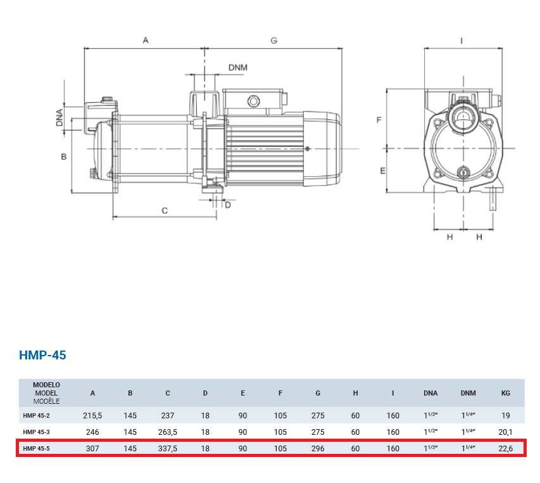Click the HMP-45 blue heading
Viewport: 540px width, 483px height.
coord(42,355)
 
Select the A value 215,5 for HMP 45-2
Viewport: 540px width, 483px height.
coord(92,416)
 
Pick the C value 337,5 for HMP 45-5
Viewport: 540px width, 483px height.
coord(168,449)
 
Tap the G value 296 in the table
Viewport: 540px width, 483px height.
coord(318,449)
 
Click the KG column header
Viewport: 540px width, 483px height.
coord(506,393)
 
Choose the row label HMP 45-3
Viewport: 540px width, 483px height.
coord(36,432)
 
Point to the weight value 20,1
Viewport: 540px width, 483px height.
coord(506,432)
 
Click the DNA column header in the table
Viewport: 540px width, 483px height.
coord(430,393)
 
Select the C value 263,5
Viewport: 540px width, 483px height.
coord(168,432)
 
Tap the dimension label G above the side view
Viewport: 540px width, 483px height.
coord(273,41)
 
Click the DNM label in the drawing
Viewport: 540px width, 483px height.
coord(238,68)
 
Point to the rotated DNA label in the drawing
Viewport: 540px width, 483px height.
coord(60,117)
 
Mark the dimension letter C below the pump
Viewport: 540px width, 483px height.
coord(165,210)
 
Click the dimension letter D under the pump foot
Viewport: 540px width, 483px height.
coord(228,205)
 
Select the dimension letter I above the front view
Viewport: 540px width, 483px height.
coord(462,41)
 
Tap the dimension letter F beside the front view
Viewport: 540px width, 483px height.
coord(379,120)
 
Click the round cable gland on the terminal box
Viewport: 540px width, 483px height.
coord(253,101)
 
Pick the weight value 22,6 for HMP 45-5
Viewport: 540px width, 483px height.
coord(506,449)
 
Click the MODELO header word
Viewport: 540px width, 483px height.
coord(46,385)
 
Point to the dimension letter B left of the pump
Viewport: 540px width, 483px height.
coord(64,157)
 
